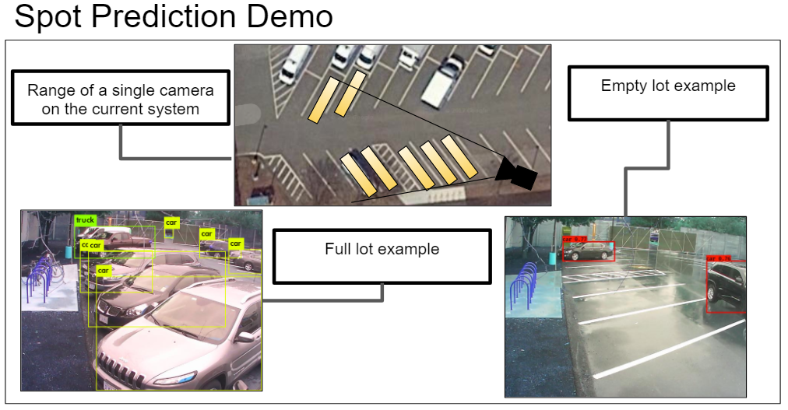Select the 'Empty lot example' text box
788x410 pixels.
tap(668, 86)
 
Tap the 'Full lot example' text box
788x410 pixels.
tap(382, 250)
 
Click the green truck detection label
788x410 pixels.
tap(85, 220)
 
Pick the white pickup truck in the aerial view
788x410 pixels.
tap(441, 80)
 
